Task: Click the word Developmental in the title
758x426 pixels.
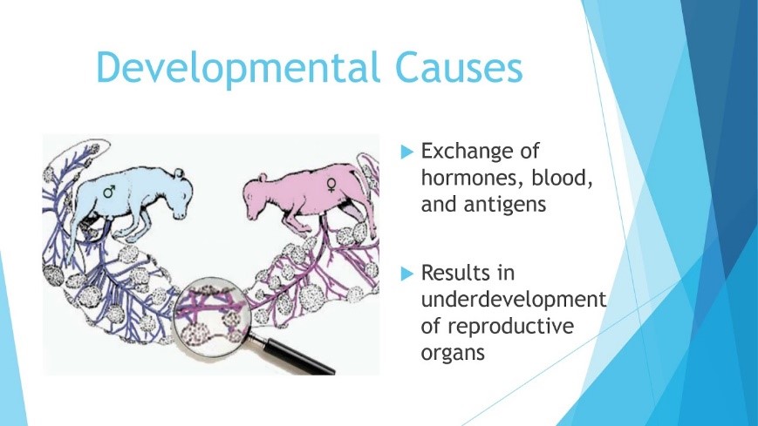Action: coord(238,68)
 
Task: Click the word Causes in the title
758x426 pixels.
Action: coord(459,67)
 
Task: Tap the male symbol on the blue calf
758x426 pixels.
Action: coord(110,191)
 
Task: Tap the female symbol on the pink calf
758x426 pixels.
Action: coord(331,185)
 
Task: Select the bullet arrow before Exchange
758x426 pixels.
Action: coord(407,152)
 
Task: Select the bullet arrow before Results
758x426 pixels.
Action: coord(407,274)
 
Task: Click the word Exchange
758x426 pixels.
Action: coord(480,151)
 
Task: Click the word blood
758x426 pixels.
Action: coord(563,178)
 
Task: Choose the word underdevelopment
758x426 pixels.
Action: coord(514,301)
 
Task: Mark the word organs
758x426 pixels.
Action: coord(453,353)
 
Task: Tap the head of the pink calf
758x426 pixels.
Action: coord(256,198)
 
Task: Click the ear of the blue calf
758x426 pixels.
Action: coord(179,172)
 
